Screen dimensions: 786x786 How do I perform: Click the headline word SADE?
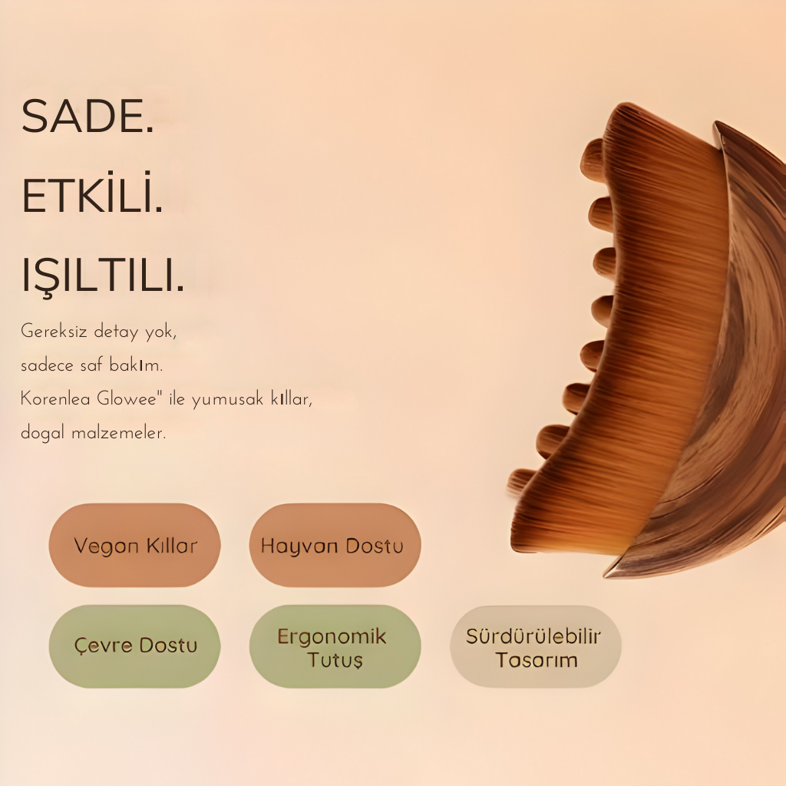pos(88,116)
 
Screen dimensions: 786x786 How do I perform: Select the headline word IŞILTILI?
pos(103,276)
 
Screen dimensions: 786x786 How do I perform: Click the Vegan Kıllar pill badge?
pos(135,545)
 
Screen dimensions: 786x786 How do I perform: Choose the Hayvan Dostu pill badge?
pos(335,545)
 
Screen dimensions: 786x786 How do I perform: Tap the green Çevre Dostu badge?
pos(135,646)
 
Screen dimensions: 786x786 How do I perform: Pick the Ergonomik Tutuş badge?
pos(335,646)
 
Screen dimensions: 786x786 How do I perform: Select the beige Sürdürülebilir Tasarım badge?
pos(535,646)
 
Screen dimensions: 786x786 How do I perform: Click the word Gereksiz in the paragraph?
pos(54,332)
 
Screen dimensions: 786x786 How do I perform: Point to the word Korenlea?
pos(55,399)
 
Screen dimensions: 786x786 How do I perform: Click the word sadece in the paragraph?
pos(47,365)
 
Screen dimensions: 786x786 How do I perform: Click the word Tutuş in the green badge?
pos(335,659)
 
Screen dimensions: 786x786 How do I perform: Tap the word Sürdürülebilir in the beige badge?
pos(533,636)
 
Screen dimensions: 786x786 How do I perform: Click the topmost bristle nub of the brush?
pos(593,152)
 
